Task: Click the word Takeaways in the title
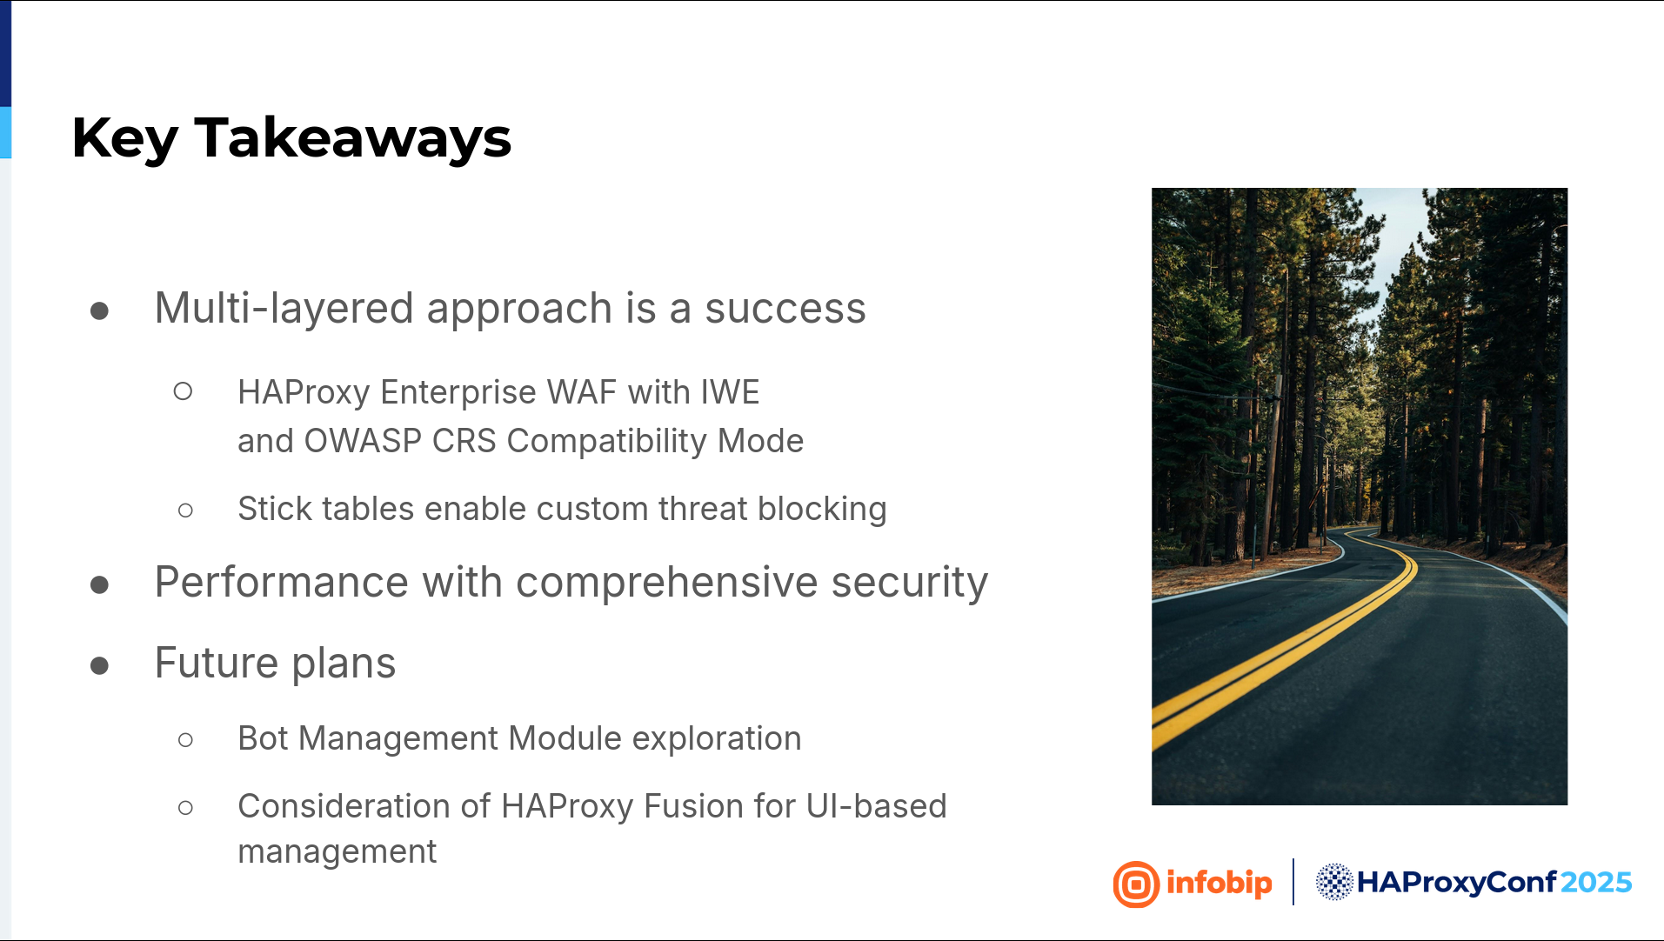click(352, 138)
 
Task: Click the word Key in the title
click(124, 138)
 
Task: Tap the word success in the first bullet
click(785, 309)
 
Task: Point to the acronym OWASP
click(363, 441)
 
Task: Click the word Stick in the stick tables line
click(275, 509)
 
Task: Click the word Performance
click(281, 582)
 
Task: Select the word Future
click(217, 663)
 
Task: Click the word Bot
click(263, 738)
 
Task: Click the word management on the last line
click(337, 852)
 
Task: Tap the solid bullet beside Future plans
click(99, 665)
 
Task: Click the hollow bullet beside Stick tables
click(185, 511)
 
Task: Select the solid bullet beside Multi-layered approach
click(99, 310)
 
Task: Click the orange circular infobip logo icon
click(1136, 884)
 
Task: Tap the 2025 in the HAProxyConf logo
click(1596, 883)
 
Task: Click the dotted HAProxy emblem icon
click(1333, 882)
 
